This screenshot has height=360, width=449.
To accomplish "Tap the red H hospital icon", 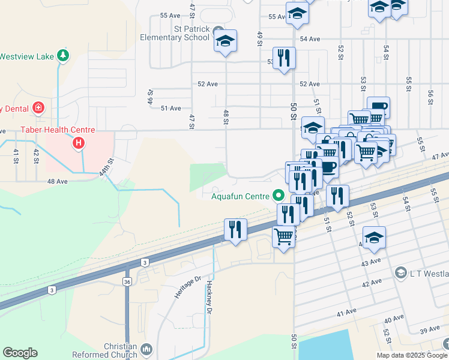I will [x=78, y=143].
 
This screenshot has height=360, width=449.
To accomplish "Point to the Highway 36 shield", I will [x=127, y=281].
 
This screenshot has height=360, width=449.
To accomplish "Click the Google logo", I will [x=20, y=353].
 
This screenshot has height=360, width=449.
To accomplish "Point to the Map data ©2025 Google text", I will [x=411, y=355].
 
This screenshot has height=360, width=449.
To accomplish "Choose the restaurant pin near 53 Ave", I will [x=284, y=58].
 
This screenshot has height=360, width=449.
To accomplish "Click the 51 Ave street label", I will [x=171, y=108].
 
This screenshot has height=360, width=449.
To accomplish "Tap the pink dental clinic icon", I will [x=38, y=108].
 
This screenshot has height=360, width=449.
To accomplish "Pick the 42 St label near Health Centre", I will [x=36, y=157].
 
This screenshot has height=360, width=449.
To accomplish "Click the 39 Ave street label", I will [x=430, y=331].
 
